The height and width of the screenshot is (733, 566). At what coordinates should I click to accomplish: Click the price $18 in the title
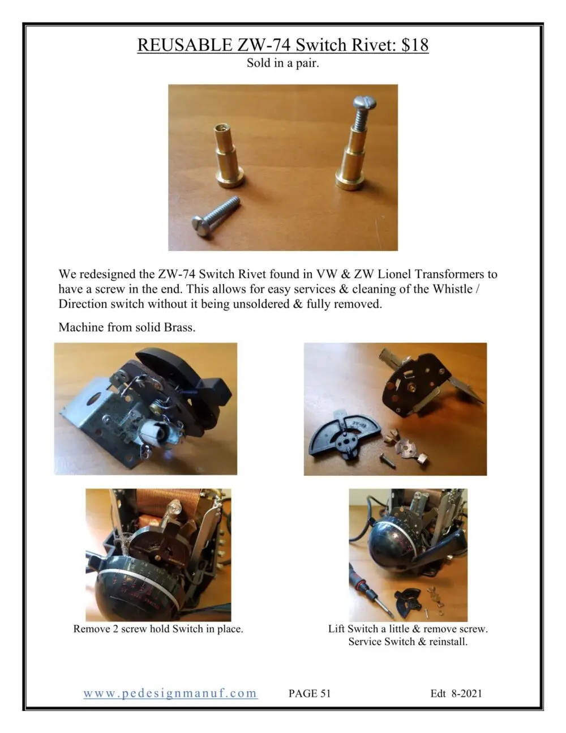tap(415, 45)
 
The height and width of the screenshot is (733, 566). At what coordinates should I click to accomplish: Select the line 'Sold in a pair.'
tap(282, 63)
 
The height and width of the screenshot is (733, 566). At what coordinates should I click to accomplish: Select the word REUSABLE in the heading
tap(185, 45)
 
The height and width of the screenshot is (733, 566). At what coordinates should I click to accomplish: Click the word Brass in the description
tap(180, 327)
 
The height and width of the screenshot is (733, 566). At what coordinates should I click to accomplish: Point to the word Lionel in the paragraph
tap(394, 274)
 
